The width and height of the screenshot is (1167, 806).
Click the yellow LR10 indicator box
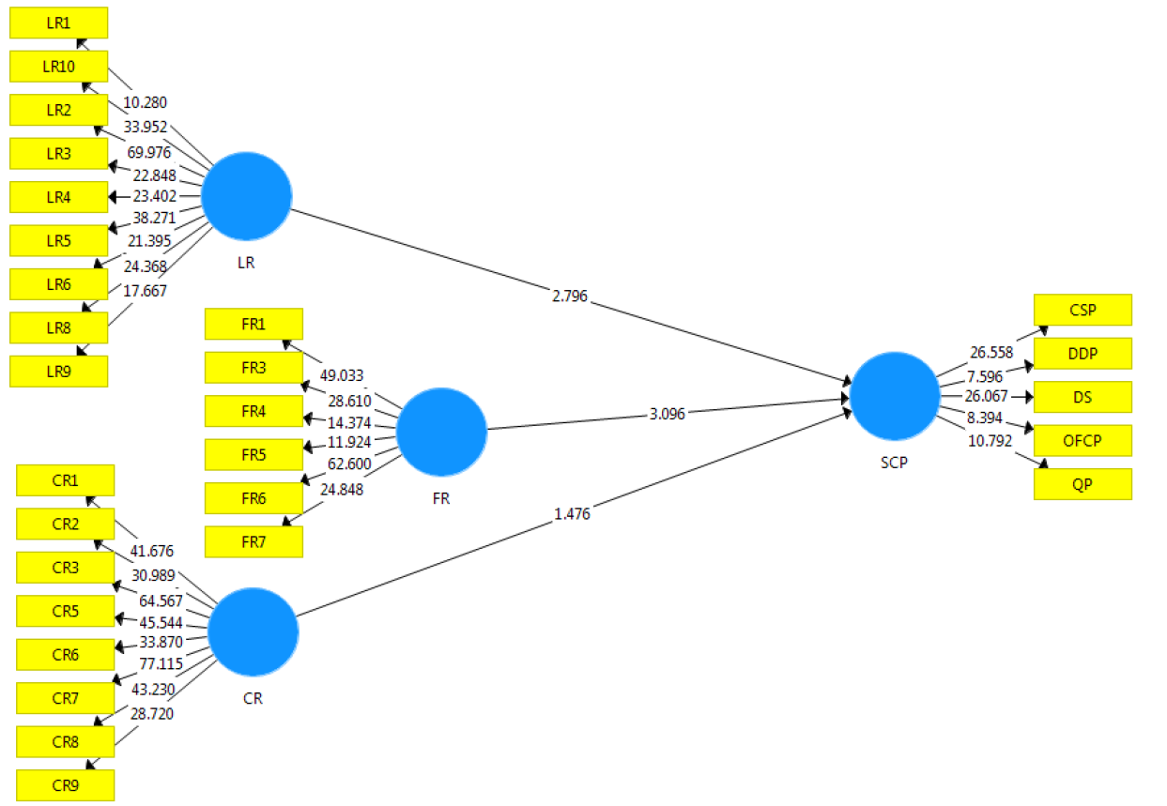pos(59,66)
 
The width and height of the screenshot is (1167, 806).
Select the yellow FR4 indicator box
pos(253,411)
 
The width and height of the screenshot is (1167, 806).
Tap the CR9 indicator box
pos(65,785)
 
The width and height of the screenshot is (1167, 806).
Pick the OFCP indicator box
pos(1083,440)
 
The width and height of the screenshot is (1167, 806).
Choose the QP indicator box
pos(1083,484)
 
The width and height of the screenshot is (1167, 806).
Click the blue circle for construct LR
pos(246,196)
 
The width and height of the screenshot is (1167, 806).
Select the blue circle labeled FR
pos(442,433)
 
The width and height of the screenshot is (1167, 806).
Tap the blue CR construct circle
pos(253,632)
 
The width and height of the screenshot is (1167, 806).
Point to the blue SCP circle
pos(895,396)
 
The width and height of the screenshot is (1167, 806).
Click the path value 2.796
pos(570,297)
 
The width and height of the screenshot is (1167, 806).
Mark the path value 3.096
pos(668,414)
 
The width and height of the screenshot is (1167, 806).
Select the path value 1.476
pos(572,514)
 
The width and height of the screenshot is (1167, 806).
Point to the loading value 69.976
pos(149,153)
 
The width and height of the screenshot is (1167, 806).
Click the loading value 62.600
pos(349,464)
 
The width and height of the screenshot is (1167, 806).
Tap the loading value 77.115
pos(161,664)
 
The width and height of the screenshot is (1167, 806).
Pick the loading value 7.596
pos(985,376)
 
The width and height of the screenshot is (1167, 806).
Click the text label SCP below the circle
pos(894,463)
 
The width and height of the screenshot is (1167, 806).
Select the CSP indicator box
pos(1083,310)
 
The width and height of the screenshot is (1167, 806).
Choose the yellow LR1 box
pos(59,23)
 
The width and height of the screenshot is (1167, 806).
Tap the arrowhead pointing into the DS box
pos(1030,397)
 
